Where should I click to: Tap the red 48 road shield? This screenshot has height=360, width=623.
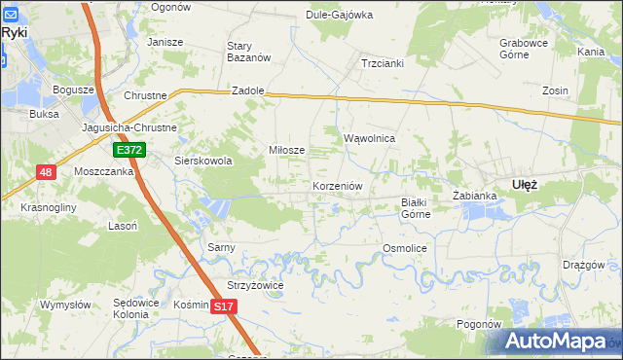(46, 172)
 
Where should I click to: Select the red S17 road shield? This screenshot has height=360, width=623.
(224, 306)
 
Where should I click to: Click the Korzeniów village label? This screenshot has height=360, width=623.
(338, 185)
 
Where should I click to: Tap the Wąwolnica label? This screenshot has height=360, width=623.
(369, 138)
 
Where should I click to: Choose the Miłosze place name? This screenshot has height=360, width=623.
(287, 150)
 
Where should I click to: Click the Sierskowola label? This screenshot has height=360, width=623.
(202, 161)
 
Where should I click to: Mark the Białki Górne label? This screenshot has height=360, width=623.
(416, 208)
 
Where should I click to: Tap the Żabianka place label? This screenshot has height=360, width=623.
(475, 196)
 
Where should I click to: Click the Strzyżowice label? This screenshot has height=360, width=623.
(255, 285)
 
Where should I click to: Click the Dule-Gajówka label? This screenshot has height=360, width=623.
(340, 15)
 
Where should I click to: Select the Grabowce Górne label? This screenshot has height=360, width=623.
(526, 49)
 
